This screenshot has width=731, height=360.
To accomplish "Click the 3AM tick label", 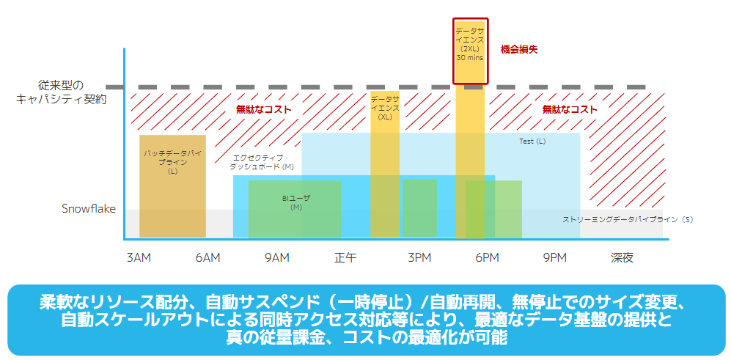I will coord(139,257).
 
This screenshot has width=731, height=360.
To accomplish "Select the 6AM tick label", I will coord(207,257).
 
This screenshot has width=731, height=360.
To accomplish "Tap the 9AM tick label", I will coord(276,257).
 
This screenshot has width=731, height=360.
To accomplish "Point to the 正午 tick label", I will coord(345,257).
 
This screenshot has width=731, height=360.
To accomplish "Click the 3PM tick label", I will coord(419,257).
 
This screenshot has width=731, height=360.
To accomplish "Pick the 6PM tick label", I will coord(487,257).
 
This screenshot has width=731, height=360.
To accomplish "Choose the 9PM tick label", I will coord(555,257).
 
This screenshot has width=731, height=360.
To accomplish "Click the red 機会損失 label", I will coord(519,49).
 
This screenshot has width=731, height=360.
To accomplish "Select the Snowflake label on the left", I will coord(88,209).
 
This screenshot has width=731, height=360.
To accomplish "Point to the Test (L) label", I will coord(532,141).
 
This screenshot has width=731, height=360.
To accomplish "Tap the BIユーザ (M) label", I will coord(296,202).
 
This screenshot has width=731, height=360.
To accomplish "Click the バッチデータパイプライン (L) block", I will coord(172,186).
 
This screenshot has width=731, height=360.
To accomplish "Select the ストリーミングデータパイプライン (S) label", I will coord(628,219).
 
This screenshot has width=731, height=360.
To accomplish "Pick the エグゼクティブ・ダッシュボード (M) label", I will coord(261,162).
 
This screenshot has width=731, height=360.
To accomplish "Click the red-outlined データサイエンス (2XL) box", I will coord(470,51).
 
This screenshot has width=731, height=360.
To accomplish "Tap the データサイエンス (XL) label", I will coord(385,107).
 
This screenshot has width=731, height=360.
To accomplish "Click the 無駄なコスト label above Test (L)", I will coord(569,109).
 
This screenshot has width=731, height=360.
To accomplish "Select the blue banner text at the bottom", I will coord(365,320).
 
